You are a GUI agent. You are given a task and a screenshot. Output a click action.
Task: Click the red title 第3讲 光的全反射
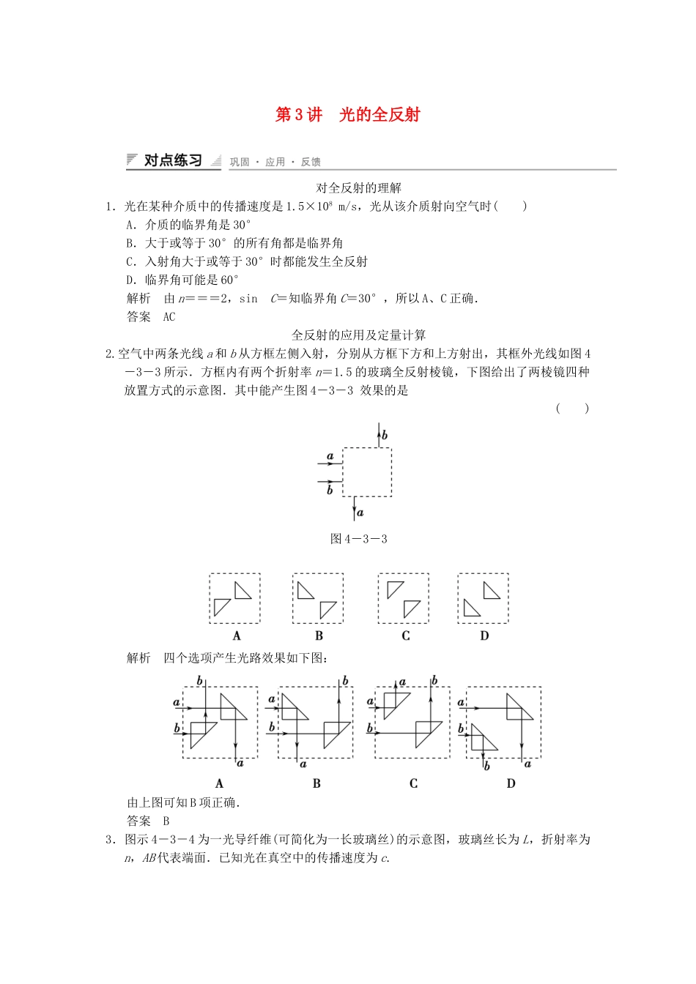347,114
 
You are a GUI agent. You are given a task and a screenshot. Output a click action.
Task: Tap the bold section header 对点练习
173,160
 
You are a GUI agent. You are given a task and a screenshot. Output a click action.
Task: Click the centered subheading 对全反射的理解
358,188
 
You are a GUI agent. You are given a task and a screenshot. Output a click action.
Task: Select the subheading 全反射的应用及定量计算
358,335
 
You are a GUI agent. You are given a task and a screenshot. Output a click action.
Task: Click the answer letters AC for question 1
169,317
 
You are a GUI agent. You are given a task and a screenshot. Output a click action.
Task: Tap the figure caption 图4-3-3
358,539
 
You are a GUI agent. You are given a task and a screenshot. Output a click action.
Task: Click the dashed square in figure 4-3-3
367,472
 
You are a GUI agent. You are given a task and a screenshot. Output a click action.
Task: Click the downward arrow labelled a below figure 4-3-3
355,508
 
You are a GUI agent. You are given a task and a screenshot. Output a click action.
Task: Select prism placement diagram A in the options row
234,598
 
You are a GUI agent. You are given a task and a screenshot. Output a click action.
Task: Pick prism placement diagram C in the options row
404,598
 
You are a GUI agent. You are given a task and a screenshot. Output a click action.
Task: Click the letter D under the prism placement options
484,635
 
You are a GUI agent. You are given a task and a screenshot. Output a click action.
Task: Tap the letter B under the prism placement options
319,635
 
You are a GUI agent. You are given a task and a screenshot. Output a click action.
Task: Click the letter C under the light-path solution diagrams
413,783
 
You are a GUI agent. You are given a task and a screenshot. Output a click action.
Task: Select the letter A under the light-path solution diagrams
219,783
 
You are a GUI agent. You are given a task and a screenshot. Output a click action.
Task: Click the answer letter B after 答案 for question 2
166,821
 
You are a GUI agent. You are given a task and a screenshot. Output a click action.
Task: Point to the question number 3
109,840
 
